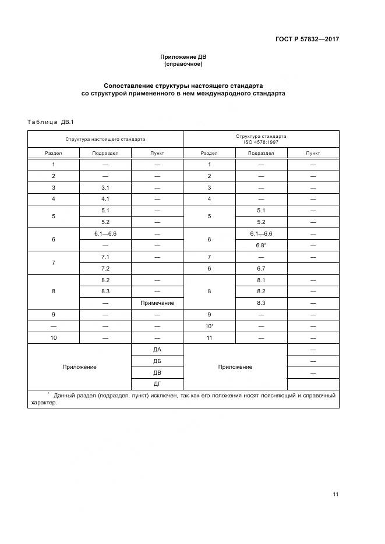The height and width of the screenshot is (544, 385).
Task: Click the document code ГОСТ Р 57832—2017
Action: pos(307,40)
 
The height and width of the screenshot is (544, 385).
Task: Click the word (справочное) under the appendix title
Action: pos(183,64)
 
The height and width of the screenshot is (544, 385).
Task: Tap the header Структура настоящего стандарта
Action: pos(105,140)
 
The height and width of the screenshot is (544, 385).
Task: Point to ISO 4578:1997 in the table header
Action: pos(260,143)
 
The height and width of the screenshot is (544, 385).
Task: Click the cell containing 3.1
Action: pos(105,188)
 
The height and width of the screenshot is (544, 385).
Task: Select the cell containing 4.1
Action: pos(105,199)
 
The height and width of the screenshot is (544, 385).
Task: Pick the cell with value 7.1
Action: pos(105,257)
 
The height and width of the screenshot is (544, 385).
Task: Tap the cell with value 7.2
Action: pos(105,268)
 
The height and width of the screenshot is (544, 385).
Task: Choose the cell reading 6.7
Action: pos(260,268)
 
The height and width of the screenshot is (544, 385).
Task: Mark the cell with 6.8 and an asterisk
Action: pos(260,245)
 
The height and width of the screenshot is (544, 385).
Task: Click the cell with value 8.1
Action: pos(260,280)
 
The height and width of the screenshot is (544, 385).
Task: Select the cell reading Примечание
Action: pos(157,303)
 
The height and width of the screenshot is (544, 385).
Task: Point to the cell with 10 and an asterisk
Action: pos(209,326)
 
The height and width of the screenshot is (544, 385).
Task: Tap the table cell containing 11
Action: pos(209,337)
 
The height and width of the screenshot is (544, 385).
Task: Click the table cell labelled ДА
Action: pos(157,349)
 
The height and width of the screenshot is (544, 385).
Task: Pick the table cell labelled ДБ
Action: pos(157,361)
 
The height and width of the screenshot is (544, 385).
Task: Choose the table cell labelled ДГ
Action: pos(157,383)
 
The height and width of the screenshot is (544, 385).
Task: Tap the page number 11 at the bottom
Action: pos(335,495)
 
